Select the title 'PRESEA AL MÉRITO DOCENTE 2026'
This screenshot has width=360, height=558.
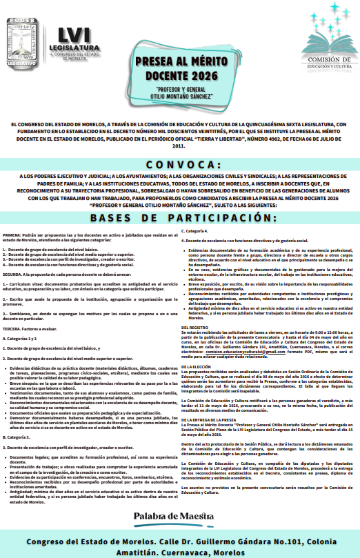click(x=180, y=69)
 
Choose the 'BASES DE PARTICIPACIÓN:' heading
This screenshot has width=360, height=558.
click(x=179, y=199)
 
